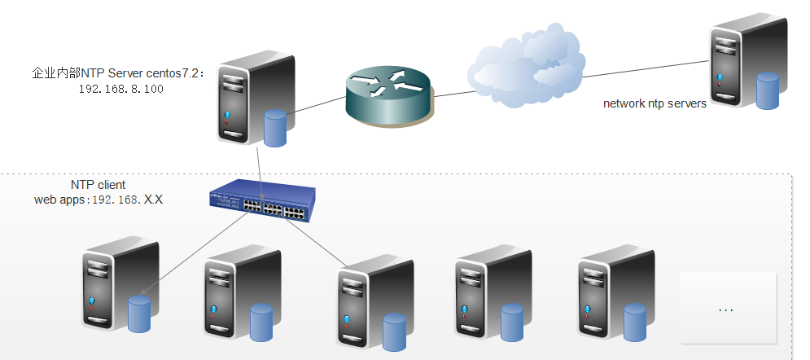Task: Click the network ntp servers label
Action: [655, 103]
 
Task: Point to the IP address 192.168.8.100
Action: [121, 89]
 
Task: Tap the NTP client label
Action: [98, 185]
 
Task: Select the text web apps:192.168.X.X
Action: [98, 199]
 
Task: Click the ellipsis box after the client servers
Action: [728, 309]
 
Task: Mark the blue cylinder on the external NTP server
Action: [768, 90]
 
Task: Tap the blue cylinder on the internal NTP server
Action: [276, 128]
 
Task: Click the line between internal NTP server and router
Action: [317, 107]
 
